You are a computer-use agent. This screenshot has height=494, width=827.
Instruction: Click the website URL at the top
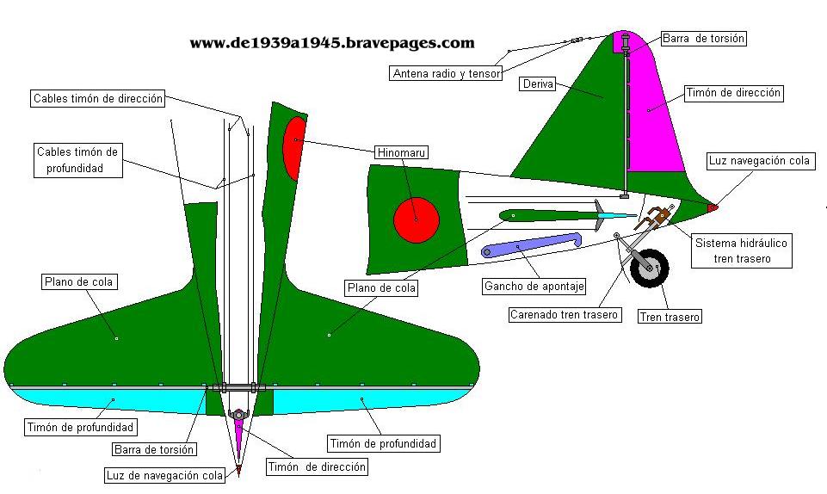[x=331, y=42]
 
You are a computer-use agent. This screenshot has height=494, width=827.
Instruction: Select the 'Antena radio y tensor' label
[x=447, y=74]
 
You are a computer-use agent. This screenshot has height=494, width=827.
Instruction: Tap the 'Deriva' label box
[x=538, y=83]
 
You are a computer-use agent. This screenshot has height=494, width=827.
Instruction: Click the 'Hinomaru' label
[x=402, y=152]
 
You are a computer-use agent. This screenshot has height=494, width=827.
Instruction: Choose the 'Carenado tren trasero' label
[x=564, y=314]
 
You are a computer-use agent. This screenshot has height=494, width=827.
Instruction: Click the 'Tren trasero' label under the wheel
[x=670, y=317]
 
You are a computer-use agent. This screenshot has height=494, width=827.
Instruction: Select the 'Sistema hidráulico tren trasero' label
[x=741, y=250]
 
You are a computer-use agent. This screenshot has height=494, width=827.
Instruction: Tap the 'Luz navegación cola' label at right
[x=759, y=161]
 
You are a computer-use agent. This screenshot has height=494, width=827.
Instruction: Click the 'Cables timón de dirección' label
[x=98, y=99]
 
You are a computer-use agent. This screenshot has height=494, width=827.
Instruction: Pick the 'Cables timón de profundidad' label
[x=78, y=160]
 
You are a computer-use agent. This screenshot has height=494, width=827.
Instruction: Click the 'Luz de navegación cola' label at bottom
[x=164, y=475]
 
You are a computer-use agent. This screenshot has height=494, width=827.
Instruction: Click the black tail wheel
[x=650, y=268]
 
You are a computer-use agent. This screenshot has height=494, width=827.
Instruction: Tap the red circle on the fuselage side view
[x=417, y=219]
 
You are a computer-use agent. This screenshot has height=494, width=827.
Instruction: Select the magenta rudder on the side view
[x=656, y=120]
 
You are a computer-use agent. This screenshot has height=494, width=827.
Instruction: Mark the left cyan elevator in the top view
[x=103, y=401]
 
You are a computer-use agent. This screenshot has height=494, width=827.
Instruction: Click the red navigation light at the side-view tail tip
[x=712, y=207]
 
